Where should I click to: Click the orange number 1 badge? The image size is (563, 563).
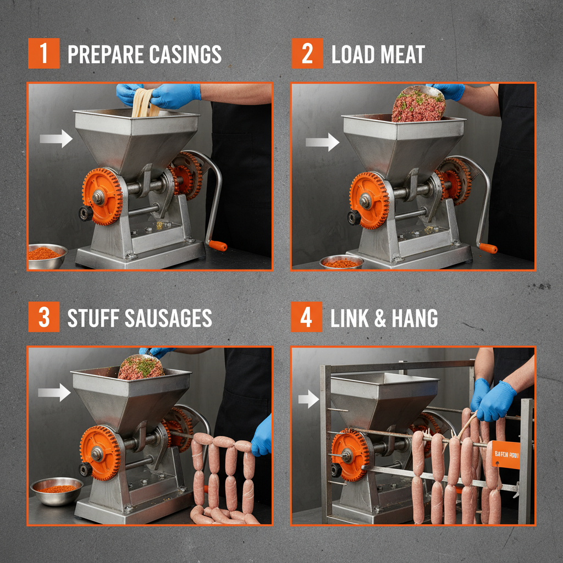click(x=43, y=54)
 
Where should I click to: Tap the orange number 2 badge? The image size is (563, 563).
click(x=307, y=54)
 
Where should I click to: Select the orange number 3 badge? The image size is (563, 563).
click(x=43, y=317)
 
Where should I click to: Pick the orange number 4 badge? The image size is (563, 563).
click(x=306, y=317)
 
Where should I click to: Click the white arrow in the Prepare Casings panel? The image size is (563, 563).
click(x=57, y=138)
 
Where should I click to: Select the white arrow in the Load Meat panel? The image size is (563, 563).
click(x=323, y=142)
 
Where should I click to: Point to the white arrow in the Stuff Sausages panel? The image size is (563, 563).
click(x=54, y=392)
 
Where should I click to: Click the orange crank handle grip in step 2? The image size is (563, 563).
click(x=488, y=248)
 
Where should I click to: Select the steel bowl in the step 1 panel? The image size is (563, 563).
click(x=47, y=256)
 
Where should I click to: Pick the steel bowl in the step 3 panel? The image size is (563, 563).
click(x=57, y=490)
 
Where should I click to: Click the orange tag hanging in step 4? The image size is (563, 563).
click(x=506, y=454)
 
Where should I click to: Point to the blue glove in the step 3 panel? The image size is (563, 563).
click(x=263, y=436)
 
